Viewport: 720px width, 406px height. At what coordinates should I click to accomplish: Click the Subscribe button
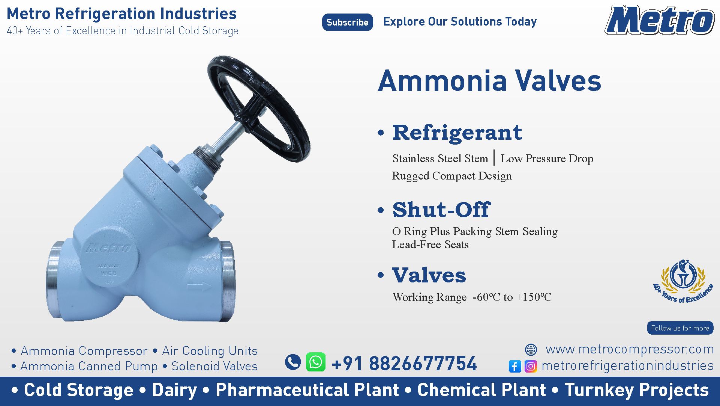click(347, 22)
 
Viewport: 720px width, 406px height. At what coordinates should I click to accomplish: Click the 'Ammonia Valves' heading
click(489, 81)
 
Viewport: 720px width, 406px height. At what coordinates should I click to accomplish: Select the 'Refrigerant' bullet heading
click(457, 133)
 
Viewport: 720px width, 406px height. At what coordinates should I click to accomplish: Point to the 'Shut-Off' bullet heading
click(441, 210)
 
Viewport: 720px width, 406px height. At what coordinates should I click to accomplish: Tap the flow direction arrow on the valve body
click(199, 287)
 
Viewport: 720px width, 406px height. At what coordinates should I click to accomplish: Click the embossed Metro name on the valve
click(109, 248)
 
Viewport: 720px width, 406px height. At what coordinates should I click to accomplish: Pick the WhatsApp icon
click(316, 362)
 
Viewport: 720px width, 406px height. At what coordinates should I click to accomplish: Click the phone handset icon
click(293, 362)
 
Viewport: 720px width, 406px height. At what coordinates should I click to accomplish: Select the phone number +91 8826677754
click(404, 363)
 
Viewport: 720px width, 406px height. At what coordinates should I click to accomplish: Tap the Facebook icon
click(515, 366)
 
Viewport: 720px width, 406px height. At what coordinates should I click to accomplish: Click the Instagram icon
click(531, 366)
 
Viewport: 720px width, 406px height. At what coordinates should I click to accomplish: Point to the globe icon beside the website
click(531, 350)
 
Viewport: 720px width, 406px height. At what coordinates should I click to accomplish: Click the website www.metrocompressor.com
click(630, 349)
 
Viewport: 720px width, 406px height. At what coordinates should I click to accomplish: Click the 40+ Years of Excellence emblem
click(683, 281)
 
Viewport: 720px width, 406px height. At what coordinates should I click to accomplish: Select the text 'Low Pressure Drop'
click(547, 158)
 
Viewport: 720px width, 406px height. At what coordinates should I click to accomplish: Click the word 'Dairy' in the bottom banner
click(174, 390)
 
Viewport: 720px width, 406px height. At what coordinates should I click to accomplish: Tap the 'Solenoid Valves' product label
click(214, 366)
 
